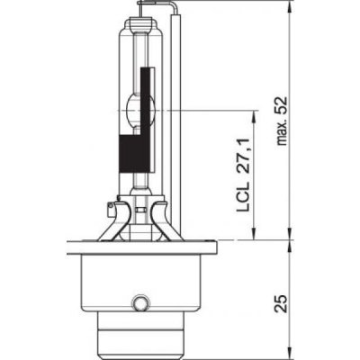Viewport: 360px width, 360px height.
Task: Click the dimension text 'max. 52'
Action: [283, 121]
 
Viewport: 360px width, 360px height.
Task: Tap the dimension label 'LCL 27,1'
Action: [243, 175]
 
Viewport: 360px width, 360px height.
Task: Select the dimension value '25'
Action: [282, 303]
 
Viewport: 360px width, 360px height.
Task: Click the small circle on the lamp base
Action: [139, 303]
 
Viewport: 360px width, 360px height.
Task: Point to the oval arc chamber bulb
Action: [140, 109]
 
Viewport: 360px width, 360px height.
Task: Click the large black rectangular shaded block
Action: [135, 154]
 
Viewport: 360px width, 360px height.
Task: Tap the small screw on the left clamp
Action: [111, 205]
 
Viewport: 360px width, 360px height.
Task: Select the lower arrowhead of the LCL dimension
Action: [254, 233]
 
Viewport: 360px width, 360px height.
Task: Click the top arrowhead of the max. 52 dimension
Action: [290, 7]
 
